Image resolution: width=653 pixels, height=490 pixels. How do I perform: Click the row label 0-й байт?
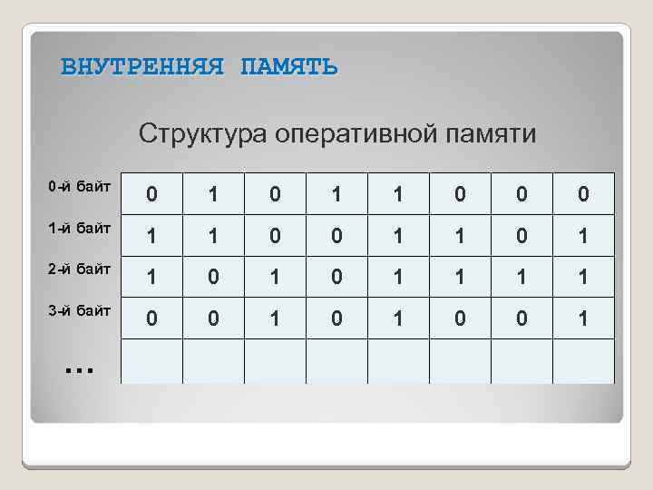point(80,188)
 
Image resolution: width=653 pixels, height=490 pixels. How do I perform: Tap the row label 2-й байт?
point(80,269)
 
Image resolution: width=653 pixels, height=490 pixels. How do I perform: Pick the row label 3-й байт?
point(80,310)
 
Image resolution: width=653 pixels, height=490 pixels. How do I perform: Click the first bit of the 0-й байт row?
point(151,194)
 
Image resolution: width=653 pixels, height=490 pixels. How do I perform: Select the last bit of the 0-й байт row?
point(583,194)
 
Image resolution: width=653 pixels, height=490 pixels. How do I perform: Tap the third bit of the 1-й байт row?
point(275,236)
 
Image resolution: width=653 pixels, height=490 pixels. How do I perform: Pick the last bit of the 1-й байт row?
point(583,236)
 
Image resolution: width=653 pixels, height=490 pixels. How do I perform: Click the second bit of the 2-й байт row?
point(213,278)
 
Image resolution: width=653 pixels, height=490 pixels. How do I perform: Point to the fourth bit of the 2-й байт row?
point(336,278)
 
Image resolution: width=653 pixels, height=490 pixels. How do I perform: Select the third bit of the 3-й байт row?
point(275,319)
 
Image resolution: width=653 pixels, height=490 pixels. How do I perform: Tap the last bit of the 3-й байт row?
point(583,319)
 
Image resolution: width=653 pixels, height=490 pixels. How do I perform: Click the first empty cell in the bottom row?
point(151,361)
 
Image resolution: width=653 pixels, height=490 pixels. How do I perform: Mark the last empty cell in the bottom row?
point(583,361)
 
